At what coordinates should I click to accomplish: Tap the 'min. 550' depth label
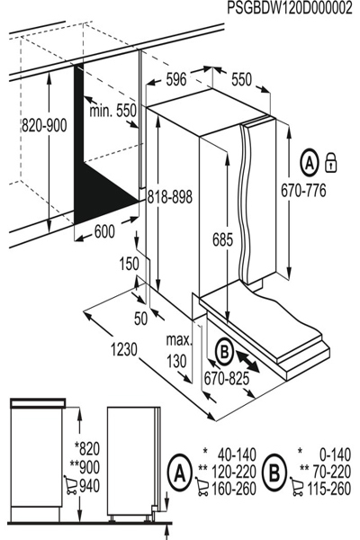[x=112, y=110]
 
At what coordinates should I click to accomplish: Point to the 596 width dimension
[x=175, y=80]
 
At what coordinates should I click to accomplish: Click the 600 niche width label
[x=104, y=231]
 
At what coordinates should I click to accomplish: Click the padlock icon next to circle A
[x=331, y=163]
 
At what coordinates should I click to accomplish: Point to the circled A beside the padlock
[x=309, y=164]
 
